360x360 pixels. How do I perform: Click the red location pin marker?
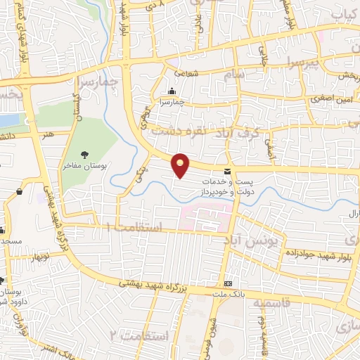[x=181, y=165]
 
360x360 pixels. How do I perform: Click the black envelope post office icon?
[x=226, y=171]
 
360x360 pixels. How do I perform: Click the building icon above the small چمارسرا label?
[x=172, y=91]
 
